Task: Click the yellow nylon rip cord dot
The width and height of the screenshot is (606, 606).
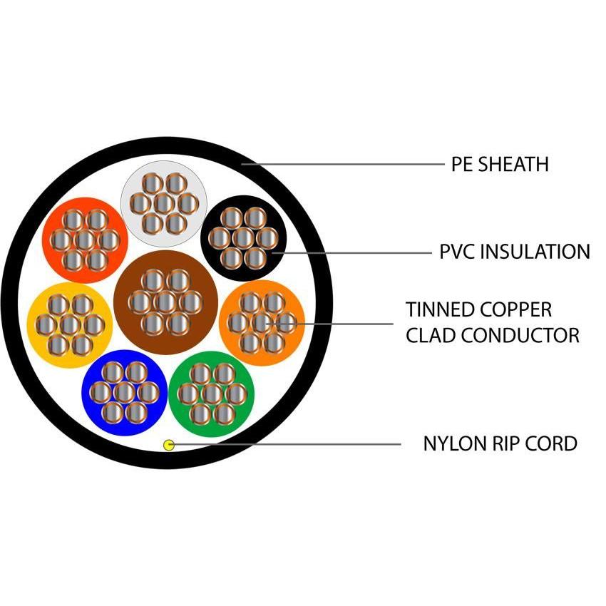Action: pyautogui.click(x=169, y=445)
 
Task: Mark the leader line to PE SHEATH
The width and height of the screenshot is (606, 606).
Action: pyautogui.click(x=342, y=164)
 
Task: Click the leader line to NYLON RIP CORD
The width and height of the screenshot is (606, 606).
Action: pyautogui.click(x=285, y=445)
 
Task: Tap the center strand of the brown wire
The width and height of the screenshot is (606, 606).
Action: pyautogui.click(x=165, y=302)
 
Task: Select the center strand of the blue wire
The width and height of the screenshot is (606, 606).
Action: pyautogui.click(x=125, y=392)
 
